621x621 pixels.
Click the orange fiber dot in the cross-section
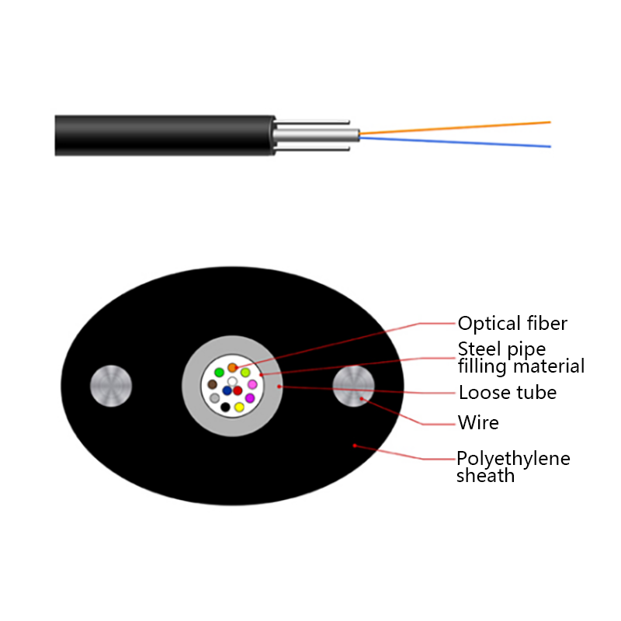coord(231,367)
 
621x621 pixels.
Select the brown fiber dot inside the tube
coord(212,384)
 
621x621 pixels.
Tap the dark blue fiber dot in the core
coord(227,390)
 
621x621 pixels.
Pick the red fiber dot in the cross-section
coord(238,390)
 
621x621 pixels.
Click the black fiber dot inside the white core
coord(225,406)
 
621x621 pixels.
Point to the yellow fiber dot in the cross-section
coord(239,407)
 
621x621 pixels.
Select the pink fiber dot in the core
coord(252,384)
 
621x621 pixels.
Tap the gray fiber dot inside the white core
coord(214,397)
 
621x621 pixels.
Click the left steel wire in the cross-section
coord(111,385)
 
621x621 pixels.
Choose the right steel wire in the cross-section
coord(353,385)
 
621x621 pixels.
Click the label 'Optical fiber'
coord(512,324)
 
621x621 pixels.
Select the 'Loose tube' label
coord(507,393)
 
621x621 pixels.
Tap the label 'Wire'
coord(478,423)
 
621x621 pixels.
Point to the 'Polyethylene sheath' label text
coord(512,467)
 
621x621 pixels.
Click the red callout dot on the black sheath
coord(355,445)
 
